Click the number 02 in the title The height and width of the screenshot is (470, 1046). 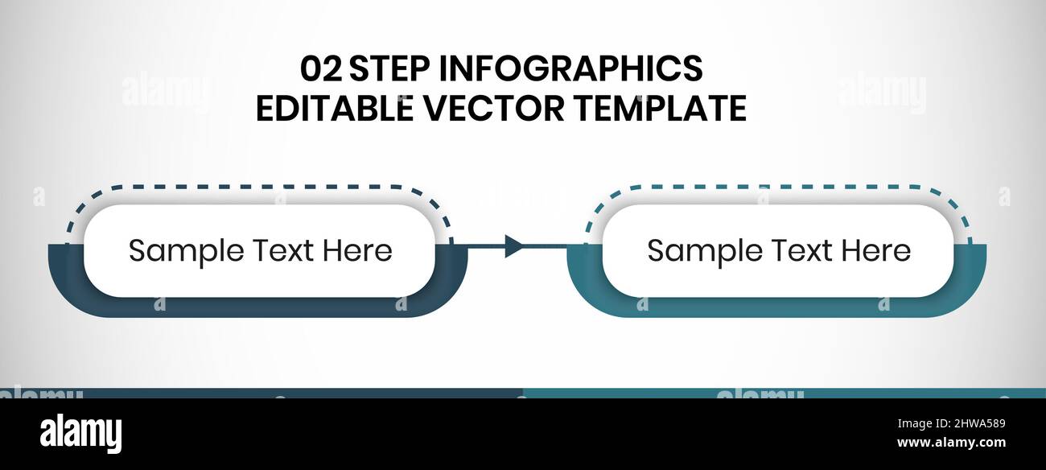click(320, 69)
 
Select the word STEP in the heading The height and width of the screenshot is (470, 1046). click(389, 69)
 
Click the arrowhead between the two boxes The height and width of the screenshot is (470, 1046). click(513, 245)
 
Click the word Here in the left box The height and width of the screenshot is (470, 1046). click(358, 251)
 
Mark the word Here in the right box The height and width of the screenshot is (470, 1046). click(876, 251)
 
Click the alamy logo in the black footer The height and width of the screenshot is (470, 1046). click(80, 434)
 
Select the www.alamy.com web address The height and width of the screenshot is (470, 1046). click(950, 443)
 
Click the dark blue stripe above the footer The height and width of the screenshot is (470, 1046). click(261, 393)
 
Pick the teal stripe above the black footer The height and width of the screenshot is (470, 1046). click(784, 393)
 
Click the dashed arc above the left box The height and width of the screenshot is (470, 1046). click(257, 188)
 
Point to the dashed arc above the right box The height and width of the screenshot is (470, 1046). click(776, 188)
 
